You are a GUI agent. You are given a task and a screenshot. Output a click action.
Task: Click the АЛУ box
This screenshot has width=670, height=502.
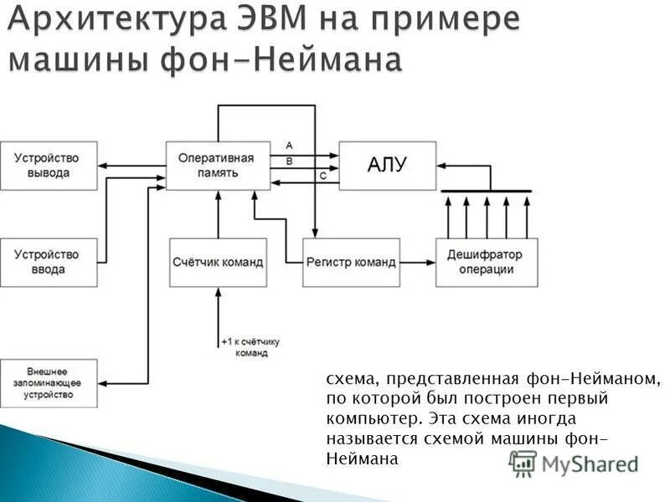coord(387,165)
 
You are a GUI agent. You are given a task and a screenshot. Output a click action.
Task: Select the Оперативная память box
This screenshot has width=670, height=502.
coord(218,165)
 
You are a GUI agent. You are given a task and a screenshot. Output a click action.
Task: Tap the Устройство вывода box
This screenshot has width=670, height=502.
coord(48,165)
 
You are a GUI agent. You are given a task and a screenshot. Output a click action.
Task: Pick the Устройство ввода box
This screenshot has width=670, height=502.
coord(48,262)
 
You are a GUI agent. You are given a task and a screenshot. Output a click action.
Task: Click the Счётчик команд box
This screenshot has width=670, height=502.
coord(218,262)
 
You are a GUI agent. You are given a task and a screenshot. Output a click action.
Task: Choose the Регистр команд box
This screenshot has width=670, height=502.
coord(351,262)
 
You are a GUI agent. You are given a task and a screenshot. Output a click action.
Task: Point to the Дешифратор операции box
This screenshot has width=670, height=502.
coord(486,262)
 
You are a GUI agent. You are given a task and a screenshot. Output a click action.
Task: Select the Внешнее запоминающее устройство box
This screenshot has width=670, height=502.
coord(48,382)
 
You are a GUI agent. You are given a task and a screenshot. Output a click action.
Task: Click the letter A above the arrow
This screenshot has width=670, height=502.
coord(289,146)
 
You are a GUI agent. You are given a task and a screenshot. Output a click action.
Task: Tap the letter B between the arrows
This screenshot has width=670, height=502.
coord(289,161)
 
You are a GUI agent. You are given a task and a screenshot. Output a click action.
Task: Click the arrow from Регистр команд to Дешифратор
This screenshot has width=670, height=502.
coord(417,262)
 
